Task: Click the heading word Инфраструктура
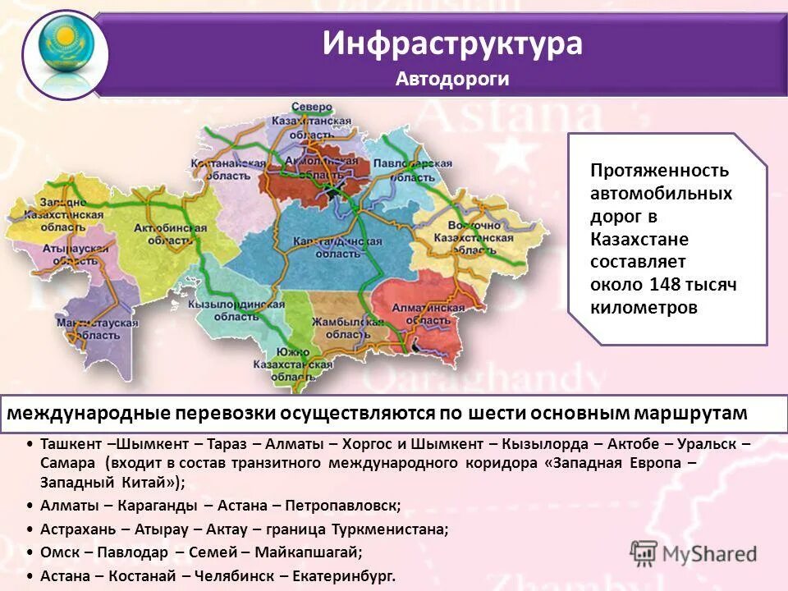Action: point(452,44)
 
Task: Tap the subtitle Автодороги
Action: point(452,79)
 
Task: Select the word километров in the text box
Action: point(644,308)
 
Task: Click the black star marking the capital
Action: point(331,192)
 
